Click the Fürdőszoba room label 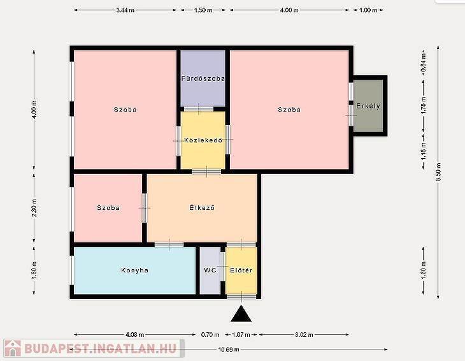click(203, 78)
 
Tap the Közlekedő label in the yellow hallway click(203, 140)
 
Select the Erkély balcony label click(368, 106)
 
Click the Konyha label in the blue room click(134, 270)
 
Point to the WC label click(210, 270)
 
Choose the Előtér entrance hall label click(241, 270)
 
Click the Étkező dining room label click(202, 208)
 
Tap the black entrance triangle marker click(241, 314)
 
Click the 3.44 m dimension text click(125, 10)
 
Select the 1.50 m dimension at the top click(203, 10)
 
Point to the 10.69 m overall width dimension click(229, 350)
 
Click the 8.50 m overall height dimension click(439, 172)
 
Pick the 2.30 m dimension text click(34, 208)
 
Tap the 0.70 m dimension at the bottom click(210, 335)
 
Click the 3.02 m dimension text click(304, 335)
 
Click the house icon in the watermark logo click(13, 348)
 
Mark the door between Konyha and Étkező click(169, 245)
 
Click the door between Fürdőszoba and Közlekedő click(199, 109)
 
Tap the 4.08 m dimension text click(134, 335)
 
